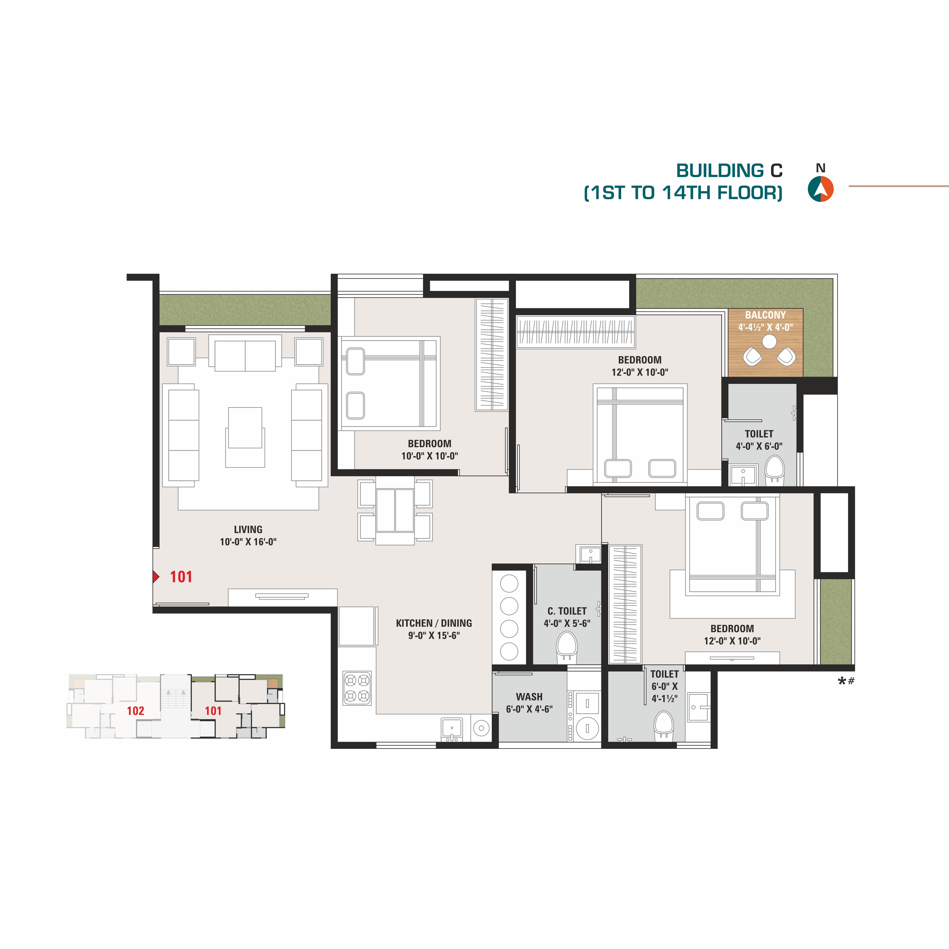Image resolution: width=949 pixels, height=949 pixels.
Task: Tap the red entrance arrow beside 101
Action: tap(156, 576)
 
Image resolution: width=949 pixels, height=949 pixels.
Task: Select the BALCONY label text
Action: tap(765, 315)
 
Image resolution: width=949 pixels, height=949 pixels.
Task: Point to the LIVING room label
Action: tap(248, 529)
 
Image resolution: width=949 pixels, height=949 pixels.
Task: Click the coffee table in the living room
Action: tap(245, 427)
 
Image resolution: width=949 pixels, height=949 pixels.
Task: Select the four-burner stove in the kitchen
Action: tap(357, 688)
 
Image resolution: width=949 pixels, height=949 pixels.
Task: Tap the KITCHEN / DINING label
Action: tap(434, 623)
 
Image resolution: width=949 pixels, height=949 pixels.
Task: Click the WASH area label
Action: tap(529, 697)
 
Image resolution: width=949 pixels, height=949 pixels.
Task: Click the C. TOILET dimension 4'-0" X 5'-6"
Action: tap(567, 623)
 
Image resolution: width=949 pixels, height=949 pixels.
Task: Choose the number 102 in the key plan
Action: tap(135, 711)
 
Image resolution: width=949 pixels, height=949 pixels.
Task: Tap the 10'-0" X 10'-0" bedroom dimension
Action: tap(429, 456)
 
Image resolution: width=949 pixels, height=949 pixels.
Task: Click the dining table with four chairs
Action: tap(395, 511)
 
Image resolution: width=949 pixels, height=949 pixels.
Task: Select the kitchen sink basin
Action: tap(452, 729)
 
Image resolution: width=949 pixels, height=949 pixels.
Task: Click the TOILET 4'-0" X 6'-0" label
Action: tap(759, 440)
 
